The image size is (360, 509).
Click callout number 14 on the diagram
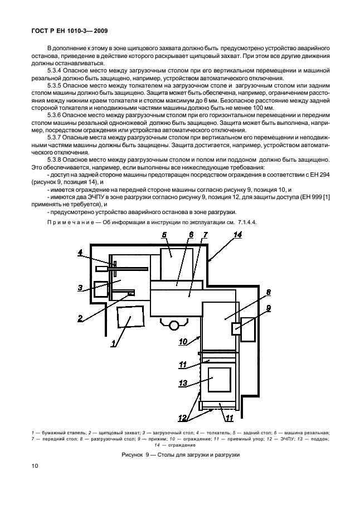[x=237, y=235]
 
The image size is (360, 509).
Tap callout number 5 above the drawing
[x=164, y=235]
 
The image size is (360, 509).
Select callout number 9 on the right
[x=268, y=307]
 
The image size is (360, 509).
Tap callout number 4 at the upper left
[x=80, y=252]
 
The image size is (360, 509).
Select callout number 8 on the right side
[x=268, y=292]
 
